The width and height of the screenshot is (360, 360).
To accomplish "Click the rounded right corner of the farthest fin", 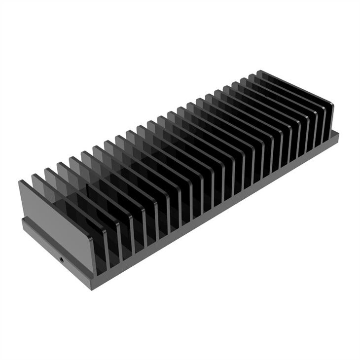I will coord(331,105).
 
